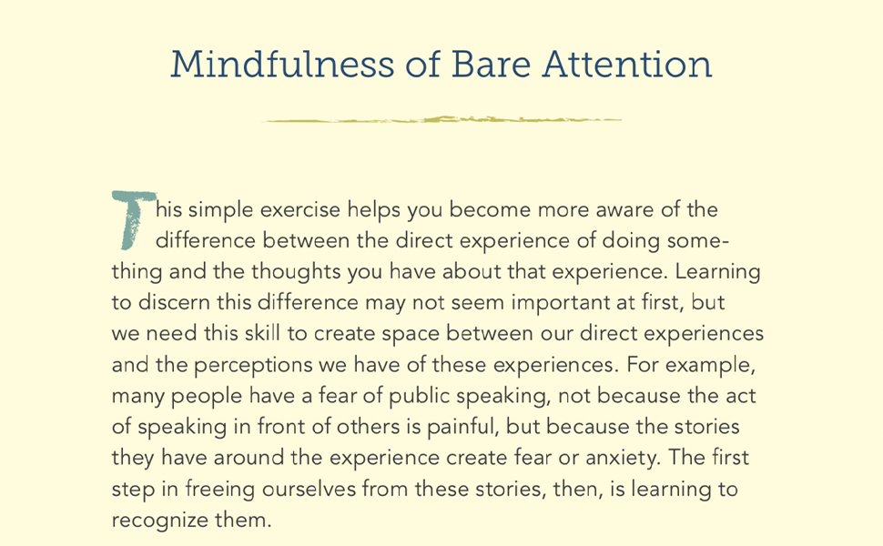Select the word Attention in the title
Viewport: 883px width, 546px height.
tap(627, 65)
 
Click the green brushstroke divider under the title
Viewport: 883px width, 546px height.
tap(442, 119)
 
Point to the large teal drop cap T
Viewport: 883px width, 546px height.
tap(130, 219)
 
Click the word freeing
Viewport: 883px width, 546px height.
tap(218, 490)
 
